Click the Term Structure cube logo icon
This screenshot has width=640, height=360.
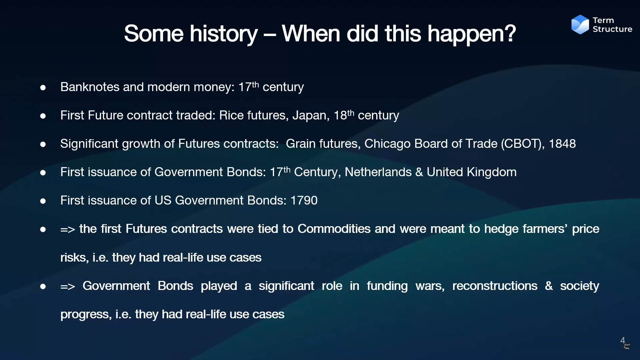tap(580, 24)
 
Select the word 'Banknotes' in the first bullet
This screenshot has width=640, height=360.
tap(90, 87)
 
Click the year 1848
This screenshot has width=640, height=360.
tap(562, 144)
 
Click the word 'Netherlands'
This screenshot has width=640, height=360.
tap(378, 172)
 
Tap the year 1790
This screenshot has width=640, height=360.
tap(304, 201)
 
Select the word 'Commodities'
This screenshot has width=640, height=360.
tap(334, 229)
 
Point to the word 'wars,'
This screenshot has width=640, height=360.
tap(430, 286)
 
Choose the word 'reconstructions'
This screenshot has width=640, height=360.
tap(495, 286)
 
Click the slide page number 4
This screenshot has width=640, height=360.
tap(622, 340)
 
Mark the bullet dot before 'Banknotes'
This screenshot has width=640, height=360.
tap(43, 88)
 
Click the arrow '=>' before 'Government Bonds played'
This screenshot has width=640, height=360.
tap(67, 287)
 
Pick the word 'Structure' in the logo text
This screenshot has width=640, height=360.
tap(612, 29)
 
